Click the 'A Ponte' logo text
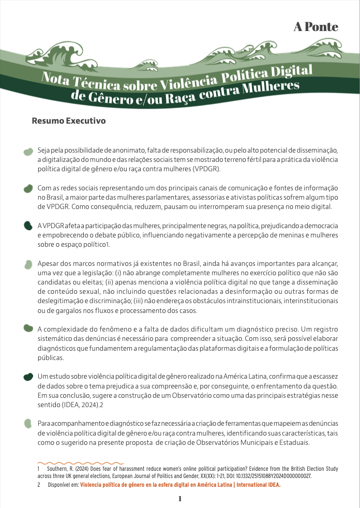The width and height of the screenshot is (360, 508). pyautogui.click(x=316, y=27)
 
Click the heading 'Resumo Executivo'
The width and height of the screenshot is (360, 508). pyautogui.click(x=69, y=121)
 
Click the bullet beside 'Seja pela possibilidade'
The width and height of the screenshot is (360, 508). pyautogui.click(x=29, y=152)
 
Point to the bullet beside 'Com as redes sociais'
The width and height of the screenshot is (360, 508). pyautogui.click(x=29, y=189)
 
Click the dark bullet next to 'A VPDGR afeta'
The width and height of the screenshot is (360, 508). pyautogui.click(x=29, y=226)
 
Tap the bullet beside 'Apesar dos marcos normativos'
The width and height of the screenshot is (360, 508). pyautogui.click(x=29, y=264)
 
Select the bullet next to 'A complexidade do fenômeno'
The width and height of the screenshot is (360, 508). pyautogui.click(x=29, y=328)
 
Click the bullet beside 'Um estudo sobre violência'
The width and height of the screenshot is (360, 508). pyautogui.click(x=29, y=377)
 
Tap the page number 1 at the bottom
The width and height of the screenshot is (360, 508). pyautogui.click(x=179, y=499)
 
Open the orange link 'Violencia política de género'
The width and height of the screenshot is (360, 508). pyautogui.click(x=180, y=485)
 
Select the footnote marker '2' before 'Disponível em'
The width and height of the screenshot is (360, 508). pyautogui.click(x=38, y=485)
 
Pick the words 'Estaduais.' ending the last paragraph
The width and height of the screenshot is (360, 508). pyautogui.click(x=292, y=443)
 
